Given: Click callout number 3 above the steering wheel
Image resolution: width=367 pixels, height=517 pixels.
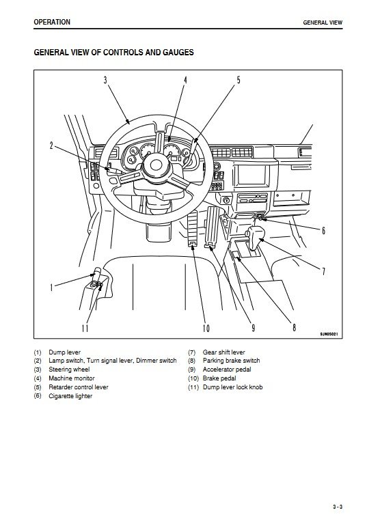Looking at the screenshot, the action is point(105,80).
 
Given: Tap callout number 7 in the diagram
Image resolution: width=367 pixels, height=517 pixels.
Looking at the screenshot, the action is point(323,271).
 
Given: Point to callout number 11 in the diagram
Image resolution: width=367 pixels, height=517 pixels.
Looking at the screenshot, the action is point(85,328).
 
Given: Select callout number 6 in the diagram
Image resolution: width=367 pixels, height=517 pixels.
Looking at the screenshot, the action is point(323,230).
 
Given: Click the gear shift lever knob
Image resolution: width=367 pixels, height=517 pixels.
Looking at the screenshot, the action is point(256,234).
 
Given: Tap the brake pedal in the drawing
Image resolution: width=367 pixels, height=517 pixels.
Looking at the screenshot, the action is point(193,228).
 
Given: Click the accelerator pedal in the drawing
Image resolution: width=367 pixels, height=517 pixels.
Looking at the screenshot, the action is point(212,227).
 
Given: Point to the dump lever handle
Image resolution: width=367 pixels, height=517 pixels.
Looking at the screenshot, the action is point(98,273).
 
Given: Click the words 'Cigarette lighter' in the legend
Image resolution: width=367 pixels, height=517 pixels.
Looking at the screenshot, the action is point(70,396).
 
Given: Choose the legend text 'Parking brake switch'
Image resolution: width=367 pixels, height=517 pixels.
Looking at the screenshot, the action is point(232,361).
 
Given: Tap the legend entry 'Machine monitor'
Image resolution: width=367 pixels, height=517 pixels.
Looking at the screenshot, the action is point(72,378).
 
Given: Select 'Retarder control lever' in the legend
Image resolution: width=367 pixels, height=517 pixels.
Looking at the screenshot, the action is point(78,387).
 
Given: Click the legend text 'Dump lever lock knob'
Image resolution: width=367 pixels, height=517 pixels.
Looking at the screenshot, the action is point(232,387).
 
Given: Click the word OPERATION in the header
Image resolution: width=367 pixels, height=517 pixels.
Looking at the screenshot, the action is point(52,22).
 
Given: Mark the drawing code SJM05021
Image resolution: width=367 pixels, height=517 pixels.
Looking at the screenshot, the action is point(329,335).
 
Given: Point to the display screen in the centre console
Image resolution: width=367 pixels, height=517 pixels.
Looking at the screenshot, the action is point(251,174).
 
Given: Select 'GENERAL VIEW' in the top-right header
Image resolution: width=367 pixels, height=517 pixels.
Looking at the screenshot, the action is point(323,23).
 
